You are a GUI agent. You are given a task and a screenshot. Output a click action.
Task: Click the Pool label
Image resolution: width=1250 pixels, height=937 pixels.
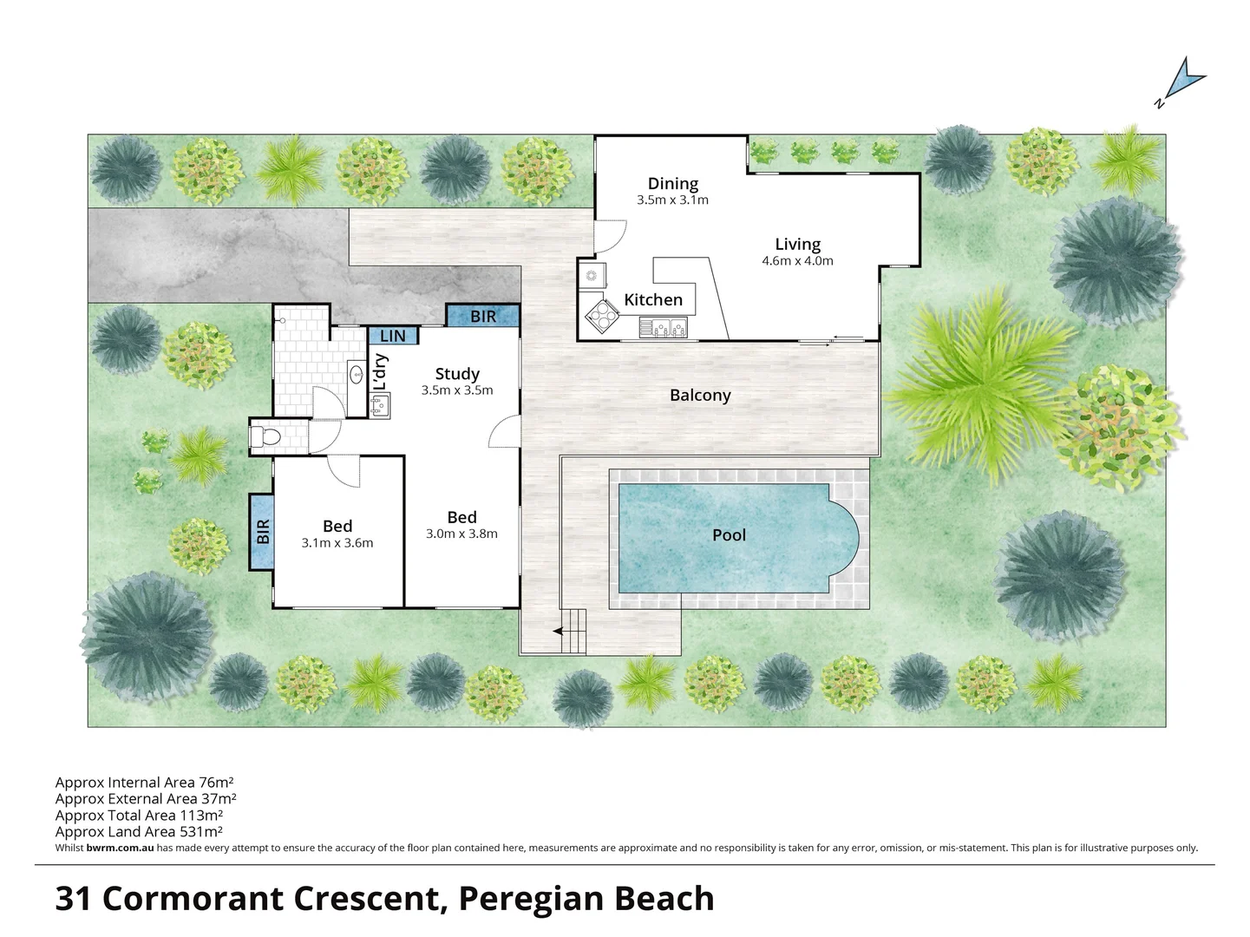[729, 535]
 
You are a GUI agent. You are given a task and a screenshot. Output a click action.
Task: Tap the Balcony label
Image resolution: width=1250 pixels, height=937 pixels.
[700, 395]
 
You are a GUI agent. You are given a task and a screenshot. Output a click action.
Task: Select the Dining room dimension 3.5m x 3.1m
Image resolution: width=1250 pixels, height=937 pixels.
[672, 200]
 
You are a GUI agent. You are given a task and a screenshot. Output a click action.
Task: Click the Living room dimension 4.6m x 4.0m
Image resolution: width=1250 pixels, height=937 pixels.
[797, 260]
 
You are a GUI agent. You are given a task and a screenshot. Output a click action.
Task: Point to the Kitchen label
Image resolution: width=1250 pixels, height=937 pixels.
[653, 299]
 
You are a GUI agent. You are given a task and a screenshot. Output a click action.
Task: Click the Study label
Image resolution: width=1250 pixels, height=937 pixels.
[457, 374]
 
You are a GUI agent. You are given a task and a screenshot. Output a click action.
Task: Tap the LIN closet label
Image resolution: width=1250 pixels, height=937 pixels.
[393, 336]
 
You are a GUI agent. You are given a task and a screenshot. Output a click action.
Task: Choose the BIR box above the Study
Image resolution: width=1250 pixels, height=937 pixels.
[483, 316]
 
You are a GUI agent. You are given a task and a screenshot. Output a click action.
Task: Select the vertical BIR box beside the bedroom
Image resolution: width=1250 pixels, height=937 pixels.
[262, 531]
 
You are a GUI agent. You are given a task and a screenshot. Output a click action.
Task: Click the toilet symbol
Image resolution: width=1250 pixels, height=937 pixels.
[264, 436]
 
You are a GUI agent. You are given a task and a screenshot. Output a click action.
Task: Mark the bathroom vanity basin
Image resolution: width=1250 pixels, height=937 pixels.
[356, 376]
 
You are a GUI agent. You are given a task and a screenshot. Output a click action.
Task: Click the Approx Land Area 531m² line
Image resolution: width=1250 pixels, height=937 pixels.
[139, 831]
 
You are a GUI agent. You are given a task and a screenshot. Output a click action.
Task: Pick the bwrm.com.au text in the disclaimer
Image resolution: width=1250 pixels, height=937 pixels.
[120, 848]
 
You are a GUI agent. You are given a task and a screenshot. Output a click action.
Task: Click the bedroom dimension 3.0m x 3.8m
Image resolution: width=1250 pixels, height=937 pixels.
[461, 534]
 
